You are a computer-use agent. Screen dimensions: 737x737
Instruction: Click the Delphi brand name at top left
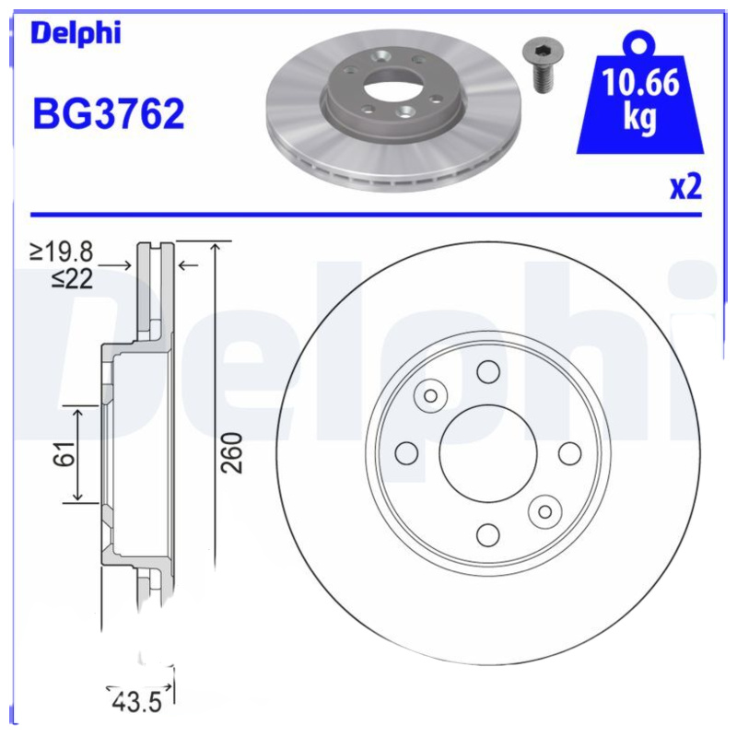click(x=76, y=34)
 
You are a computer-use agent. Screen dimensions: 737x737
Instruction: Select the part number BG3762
click(x=109, y=115)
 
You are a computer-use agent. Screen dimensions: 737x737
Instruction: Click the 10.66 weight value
click(x=640, y=86)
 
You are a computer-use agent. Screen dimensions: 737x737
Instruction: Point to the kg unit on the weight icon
click(x=640, y=119)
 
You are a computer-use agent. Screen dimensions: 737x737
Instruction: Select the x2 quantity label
click(x=685, y=187)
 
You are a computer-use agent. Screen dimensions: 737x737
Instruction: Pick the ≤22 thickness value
click(x=73, y=277)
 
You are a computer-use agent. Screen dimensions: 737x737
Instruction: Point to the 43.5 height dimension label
click(x=136, y=702)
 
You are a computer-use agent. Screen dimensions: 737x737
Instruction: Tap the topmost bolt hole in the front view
click(x=487, y=371)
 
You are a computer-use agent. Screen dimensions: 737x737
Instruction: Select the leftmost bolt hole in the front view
click(x=405, y=452)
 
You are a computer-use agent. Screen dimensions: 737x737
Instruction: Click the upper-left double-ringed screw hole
click(x=429, y=395)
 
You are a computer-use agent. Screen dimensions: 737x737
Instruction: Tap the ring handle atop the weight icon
click(x=640, y=42)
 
